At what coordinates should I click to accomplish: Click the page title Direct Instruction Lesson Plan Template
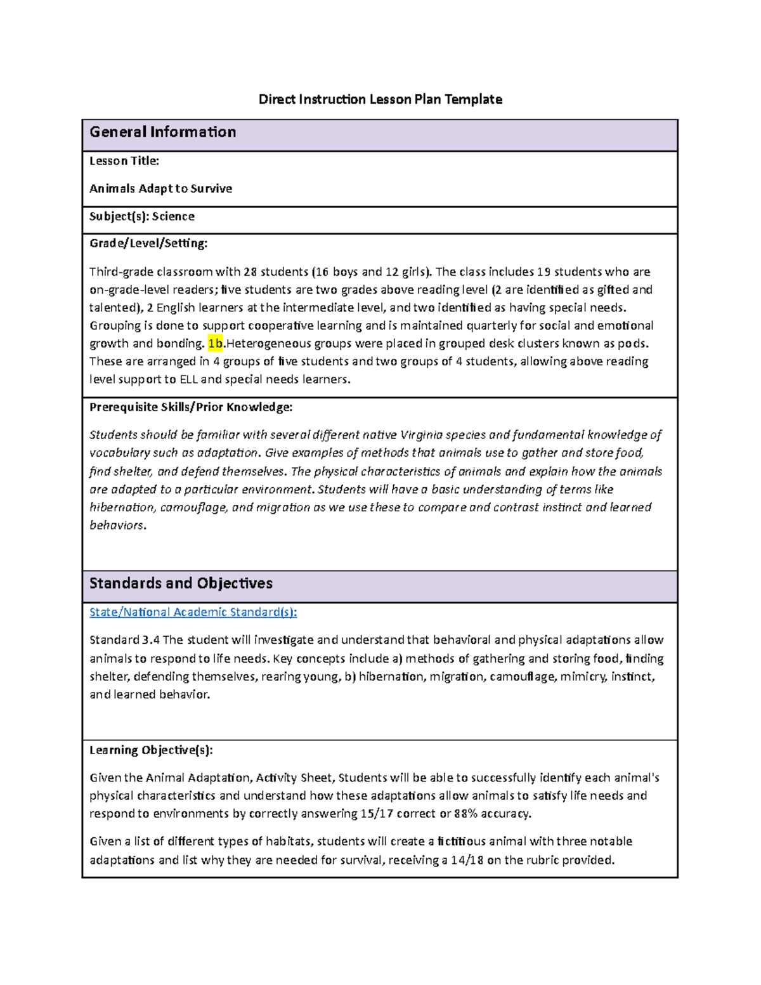click(380, 100)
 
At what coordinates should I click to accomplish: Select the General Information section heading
click(163, 133)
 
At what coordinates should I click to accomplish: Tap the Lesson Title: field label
click(124, 161)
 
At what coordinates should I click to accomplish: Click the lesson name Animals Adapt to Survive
click(160, 189)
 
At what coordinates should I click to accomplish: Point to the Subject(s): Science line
click(142, 217)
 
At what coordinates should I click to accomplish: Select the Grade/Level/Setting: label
click(148, 244)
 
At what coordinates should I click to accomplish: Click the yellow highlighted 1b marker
click(216, 344)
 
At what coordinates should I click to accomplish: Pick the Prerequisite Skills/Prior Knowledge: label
click(191, 407)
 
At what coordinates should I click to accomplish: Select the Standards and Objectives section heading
click(181, 584)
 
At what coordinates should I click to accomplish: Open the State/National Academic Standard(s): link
click(193, 612)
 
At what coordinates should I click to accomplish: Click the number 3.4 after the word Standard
click(151, 640)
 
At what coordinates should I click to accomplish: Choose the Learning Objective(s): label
click(151, 750)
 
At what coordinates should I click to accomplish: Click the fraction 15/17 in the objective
click(377, 814)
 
